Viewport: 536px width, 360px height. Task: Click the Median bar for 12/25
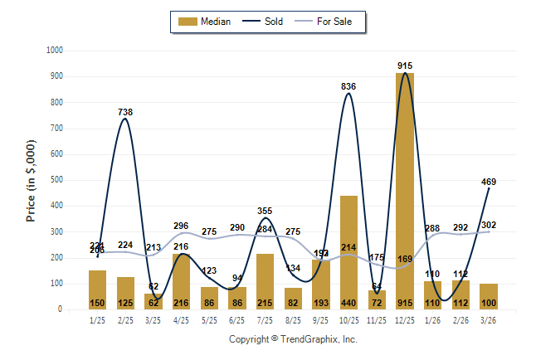(x=405, y=191)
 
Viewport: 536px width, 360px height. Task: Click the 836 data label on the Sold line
(x=349, y=86)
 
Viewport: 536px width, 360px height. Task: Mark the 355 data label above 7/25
(x=266, y=212)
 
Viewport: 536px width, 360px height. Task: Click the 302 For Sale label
(x=490, y=225)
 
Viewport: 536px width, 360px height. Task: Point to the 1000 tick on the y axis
(x=55, y=51)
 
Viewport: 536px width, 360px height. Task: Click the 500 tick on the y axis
(x=57, y=180)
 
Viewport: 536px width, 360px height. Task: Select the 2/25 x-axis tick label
(x=125, y=319)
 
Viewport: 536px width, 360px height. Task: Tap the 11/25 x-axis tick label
(x=377, y=319)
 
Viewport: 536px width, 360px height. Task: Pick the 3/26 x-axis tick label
(x=489, y=319)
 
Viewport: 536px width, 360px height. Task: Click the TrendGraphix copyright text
(x=292, y=340)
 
